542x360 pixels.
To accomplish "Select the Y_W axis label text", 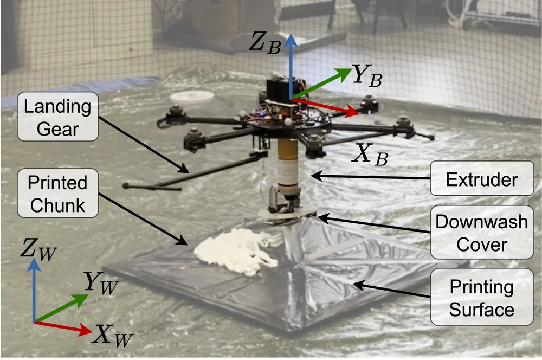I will coord(100,282).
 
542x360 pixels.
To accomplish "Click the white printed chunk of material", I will coord(233,251).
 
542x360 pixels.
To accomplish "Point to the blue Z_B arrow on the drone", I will coord(291,65).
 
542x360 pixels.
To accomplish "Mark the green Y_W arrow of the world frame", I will coord(62,308).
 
